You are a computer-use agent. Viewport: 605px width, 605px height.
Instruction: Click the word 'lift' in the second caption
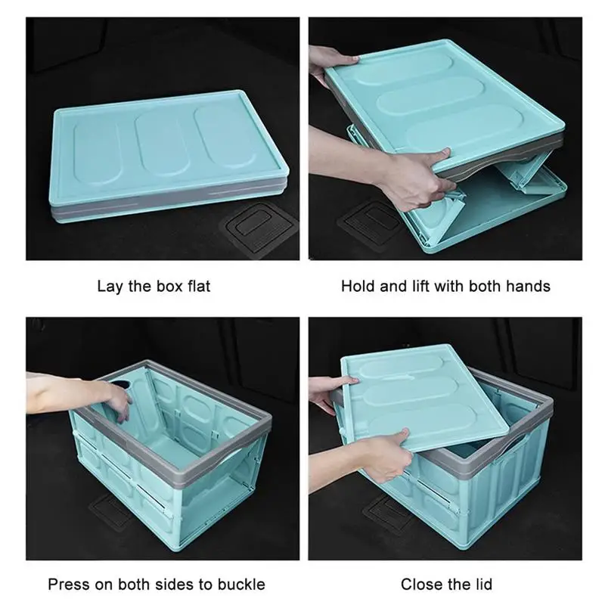click(x=420, y=287)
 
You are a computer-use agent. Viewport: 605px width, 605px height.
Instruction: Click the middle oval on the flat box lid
click(x=162, y=144)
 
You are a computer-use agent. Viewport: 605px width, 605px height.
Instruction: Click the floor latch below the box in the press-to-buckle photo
click(x=110, y=513)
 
